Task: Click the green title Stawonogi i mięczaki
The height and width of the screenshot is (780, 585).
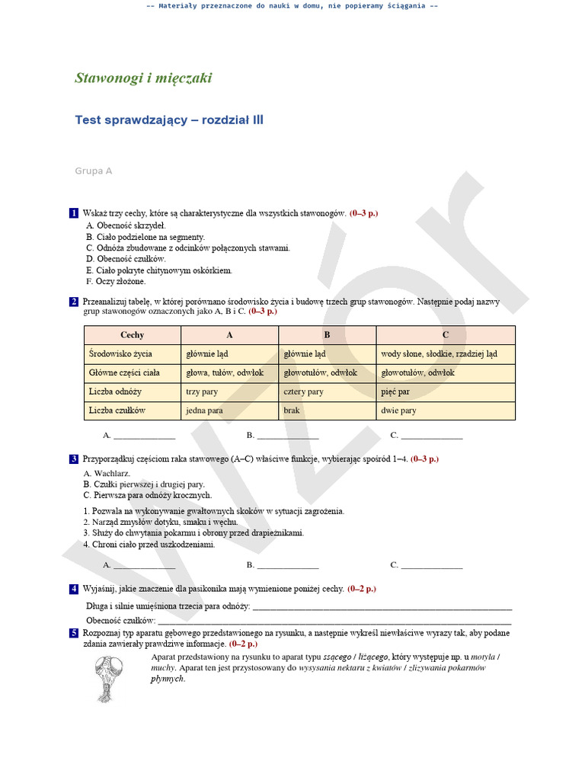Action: pos(143,78)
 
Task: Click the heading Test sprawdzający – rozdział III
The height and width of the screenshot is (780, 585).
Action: pos(169,120)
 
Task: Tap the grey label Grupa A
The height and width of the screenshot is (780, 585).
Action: pos(93,171)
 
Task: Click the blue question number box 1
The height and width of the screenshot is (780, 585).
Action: pos(73,214)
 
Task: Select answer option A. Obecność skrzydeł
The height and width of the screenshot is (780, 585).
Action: pos(126,225)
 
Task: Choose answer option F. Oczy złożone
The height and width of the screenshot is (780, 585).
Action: pos(116,282)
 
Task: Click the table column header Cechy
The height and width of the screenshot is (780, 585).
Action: pos(132,335)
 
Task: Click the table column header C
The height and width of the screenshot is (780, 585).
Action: pos(446,335)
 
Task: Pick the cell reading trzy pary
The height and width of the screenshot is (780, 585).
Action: pos(202,392)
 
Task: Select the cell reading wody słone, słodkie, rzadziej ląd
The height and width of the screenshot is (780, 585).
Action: pos(439,354)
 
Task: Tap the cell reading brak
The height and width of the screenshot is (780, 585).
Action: pos(292,411)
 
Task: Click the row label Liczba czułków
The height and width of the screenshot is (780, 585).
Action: pos(117,411)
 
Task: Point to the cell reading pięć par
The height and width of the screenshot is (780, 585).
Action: pos(395,392)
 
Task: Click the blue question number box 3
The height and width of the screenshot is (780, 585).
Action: pos(73,459)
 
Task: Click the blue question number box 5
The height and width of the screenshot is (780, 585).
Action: pos(73,633)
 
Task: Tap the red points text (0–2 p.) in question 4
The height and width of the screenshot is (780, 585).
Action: pos(362,589)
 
